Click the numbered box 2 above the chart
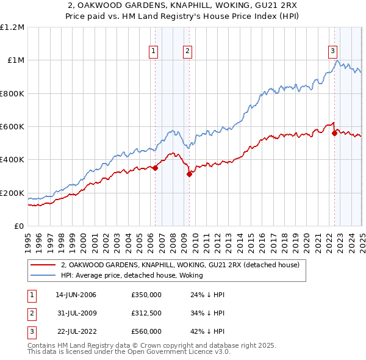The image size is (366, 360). click(187, 51)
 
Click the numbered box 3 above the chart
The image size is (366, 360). click(332, 51)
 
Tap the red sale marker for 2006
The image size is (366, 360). click(155, 168)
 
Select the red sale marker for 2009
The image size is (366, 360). click(190, 174)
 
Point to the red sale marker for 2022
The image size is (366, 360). click(334, 133)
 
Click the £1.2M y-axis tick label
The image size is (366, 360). click(12, 27)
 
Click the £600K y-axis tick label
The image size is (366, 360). click(12, 127)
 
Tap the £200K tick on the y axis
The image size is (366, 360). click(12, 193)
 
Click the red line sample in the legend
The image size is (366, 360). click(43, 265)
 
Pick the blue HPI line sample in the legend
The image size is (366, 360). click(43, 276)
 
